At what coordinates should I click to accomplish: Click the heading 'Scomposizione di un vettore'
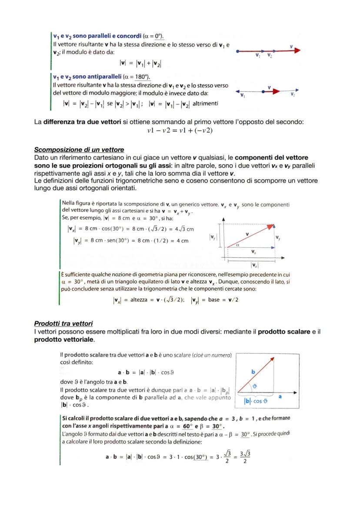79,150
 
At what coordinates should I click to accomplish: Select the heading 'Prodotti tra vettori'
63,323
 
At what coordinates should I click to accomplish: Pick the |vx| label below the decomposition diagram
253,265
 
